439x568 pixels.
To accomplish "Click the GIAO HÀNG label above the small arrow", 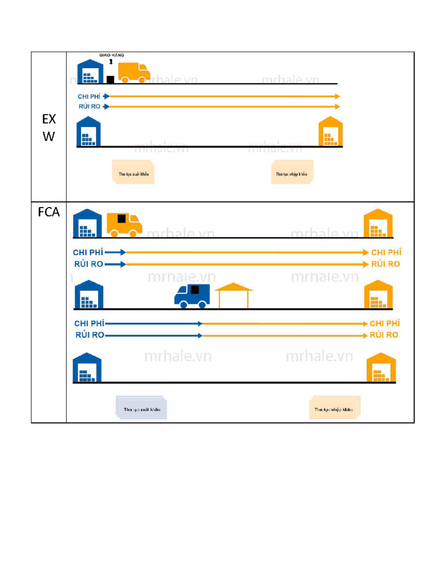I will point(112,55).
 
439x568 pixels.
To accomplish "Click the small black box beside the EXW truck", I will point(110,79).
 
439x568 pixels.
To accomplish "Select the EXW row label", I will point(49,128).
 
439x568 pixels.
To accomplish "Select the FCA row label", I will point(49,212).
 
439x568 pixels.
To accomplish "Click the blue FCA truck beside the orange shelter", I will point(192,296).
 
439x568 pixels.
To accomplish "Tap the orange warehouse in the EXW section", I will point(330,132).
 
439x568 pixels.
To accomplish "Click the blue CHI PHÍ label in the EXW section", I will point(89,97).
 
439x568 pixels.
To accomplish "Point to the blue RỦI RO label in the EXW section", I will point(89,106).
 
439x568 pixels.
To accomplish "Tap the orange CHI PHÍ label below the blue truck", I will point(384,323).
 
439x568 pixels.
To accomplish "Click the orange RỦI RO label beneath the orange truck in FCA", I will point(385,264).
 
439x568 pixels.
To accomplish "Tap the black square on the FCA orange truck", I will point(121,219).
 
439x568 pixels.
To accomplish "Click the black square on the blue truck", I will point(195,290).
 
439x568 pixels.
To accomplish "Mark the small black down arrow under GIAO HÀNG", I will point(111,62).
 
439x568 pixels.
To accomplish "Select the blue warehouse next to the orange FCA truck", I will point(87,223).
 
